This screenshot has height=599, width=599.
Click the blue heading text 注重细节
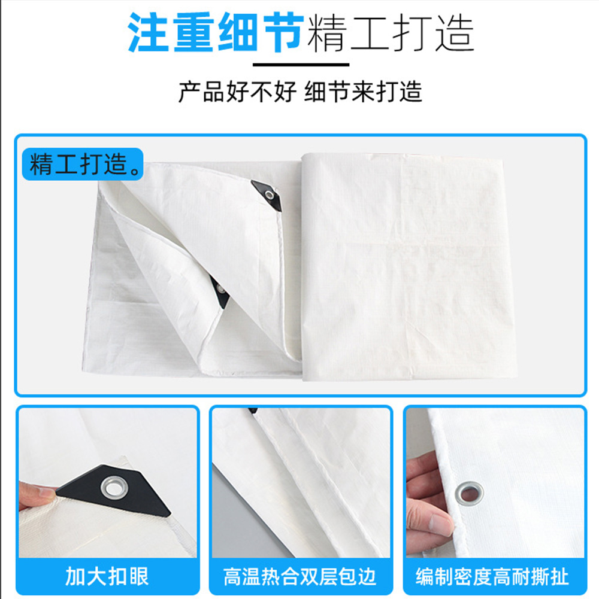tap(216, 32)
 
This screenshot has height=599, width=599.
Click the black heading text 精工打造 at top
tap(391, 34)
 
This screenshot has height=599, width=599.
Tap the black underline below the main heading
tap(301, 65)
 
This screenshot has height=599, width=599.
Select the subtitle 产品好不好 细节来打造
tap(300, 92)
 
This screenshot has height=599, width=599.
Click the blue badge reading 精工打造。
tap(83, 165)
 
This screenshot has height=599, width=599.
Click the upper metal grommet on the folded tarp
tap(270, 196)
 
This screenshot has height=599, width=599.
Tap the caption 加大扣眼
tap(107, 576)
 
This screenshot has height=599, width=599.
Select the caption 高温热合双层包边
tap(300, 577)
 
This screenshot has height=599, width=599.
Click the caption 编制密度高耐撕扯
tap(492, 577)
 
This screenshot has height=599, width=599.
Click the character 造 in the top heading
tap(455, 34)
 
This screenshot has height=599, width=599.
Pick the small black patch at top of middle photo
tap(253, 411)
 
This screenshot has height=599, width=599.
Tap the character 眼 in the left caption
tap(138, 576)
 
